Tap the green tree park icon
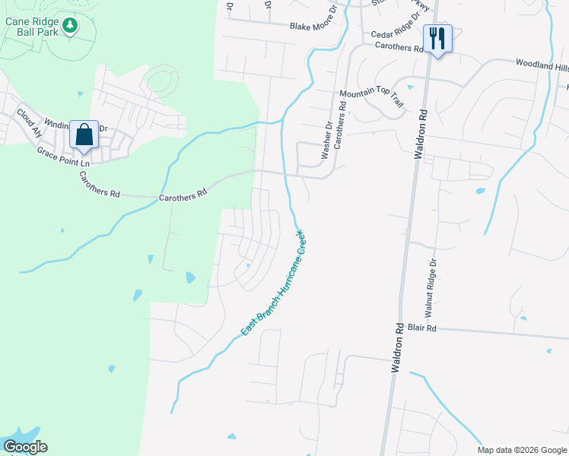click(70, 26)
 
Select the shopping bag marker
click(84, 135)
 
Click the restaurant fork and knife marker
click(437, 39)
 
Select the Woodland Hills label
click(542, 67)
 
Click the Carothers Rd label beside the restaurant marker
click(399, 47)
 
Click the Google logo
click(25, 447)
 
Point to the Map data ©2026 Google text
click(522, 450)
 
